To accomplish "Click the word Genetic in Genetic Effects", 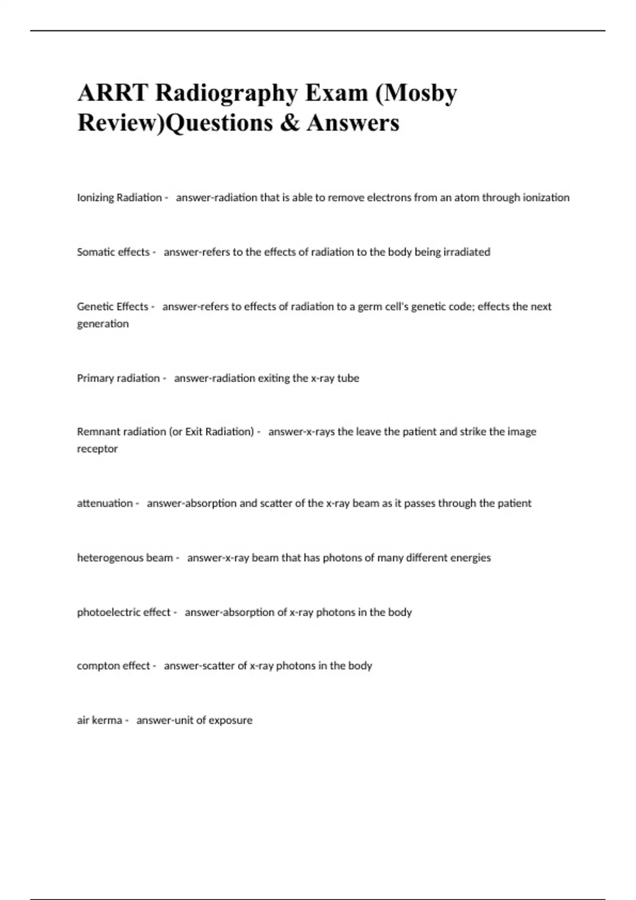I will click(x=94, y=307).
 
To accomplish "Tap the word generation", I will click(x=103, y=324).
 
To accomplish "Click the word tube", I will click(x=348, y=378).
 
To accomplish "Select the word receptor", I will click(x=98, y=449).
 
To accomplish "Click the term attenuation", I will click(x=105, y=503).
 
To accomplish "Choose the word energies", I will click(x=471, y=558).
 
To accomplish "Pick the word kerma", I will click(x=107, y=721).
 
